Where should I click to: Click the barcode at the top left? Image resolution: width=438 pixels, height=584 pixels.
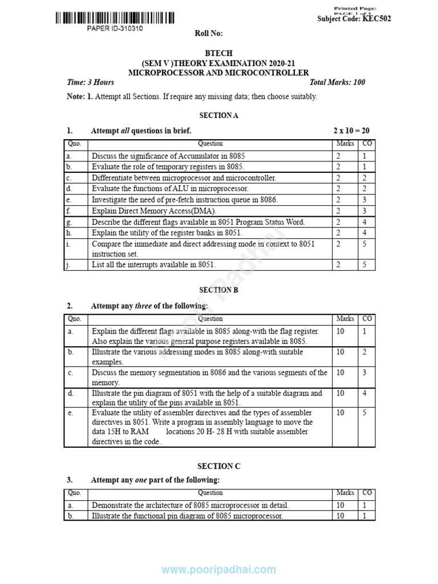click(x=115, y=18)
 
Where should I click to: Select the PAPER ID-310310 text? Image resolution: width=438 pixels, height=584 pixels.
click(x=115, y=29)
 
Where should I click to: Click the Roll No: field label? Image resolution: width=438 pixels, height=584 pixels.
click(x=209, y=34)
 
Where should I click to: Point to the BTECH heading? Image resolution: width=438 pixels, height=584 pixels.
click(x=218, y=54)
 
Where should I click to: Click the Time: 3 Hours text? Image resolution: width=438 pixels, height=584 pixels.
click(x=91, y=82)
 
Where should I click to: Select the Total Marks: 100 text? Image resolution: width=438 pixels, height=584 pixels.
click(x=336, y=82)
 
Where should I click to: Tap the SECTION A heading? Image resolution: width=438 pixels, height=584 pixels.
click(x=219, y=115)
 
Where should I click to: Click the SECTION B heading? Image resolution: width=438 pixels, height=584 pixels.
click(x=219, y=290)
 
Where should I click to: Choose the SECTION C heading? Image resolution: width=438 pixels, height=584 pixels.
click(x=219, y=466)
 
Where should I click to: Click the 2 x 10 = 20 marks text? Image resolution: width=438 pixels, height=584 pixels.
click(x=351, y=131)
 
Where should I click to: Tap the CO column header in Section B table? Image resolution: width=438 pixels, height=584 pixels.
click(x=367, y=319)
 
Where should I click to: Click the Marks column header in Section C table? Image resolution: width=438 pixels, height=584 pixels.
click(x=345, y=493)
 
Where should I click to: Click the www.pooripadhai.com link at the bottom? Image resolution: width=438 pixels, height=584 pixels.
click(x=219, y=570)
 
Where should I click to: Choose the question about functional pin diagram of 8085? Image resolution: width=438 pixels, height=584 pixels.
click(x=188, y=516)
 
